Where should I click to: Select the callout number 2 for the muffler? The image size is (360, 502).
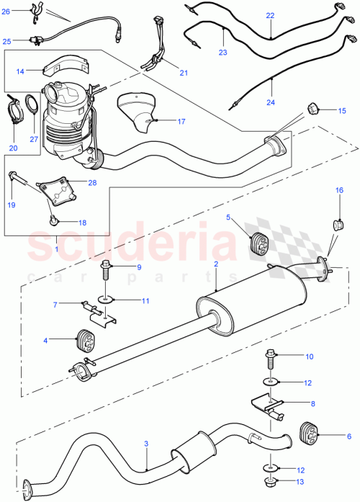coord(215,265)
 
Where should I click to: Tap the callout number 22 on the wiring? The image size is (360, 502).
coord(269,14)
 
